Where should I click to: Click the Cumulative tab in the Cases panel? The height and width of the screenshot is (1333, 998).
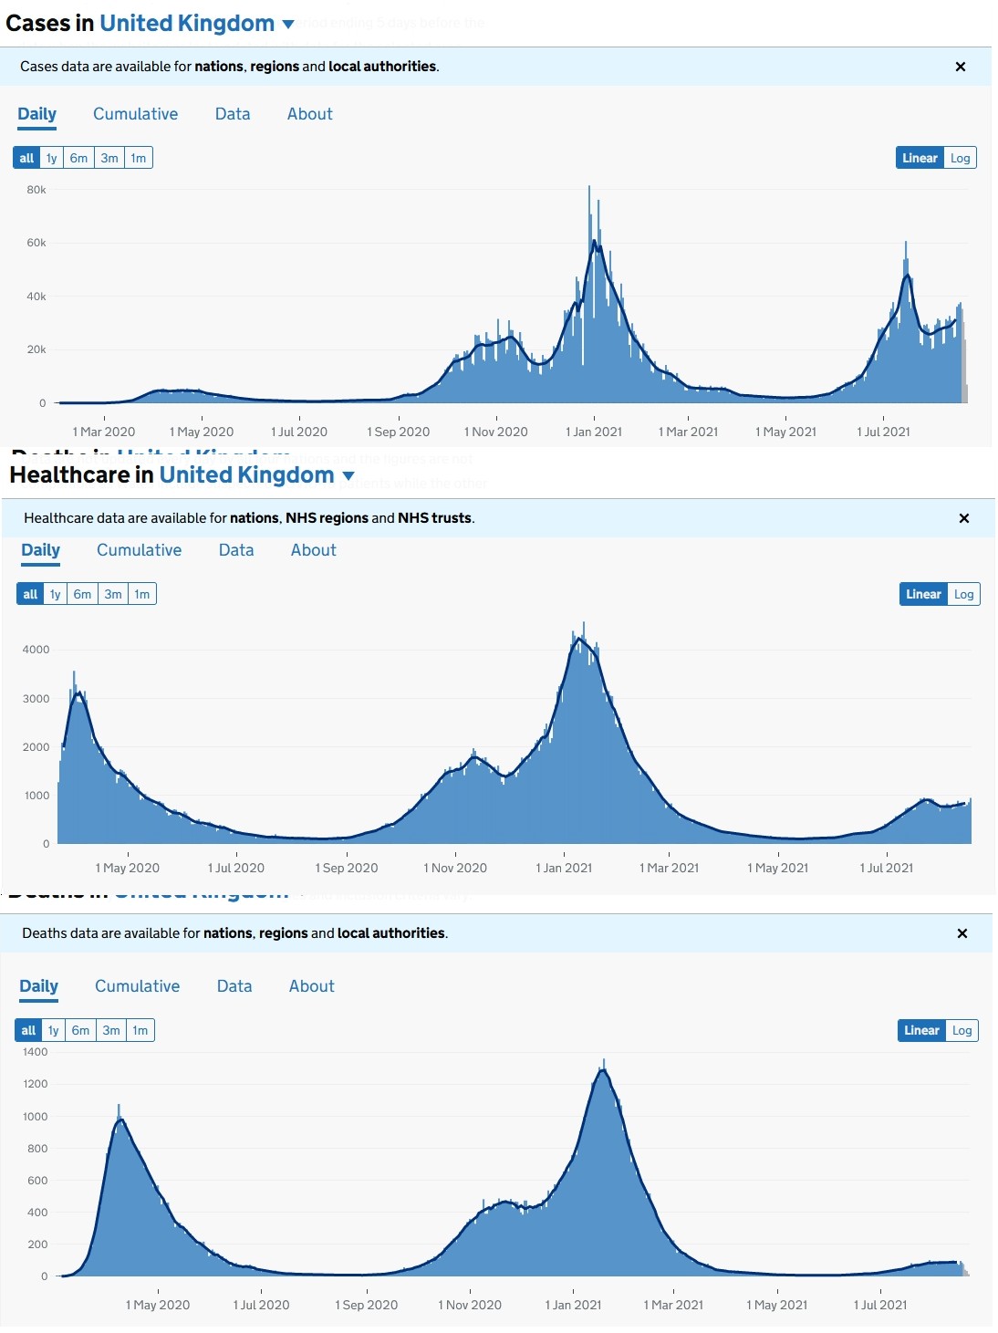pyautogui.click(x=135, y=114)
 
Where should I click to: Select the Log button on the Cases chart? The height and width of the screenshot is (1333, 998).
pyautogui.click(x=960, y=158)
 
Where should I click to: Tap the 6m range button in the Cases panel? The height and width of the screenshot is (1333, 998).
pyautogui.click(x=79, y=158)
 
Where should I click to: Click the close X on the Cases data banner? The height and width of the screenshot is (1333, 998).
pyautogui.click(x=960, y=67)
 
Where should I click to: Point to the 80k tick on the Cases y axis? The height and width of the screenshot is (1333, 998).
pyautogui.click(x=36, y=190)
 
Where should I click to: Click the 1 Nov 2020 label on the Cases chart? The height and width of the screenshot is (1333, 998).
pyautogui.click(x=495, y=432)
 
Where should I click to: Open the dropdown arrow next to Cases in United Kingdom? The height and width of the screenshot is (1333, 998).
pyautogui.click(x=288, y=25)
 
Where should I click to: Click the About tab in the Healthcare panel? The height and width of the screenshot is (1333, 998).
pyautogui.click(x=313, y=550)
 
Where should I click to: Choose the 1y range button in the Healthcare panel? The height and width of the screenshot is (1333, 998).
pyautogui.click(x=56, y=594)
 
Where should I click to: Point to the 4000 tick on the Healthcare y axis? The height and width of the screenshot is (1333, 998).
pyautogui.click(x=36, y=650)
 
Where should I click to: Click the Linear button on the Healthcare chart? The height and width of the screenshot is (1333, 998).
pyautogui.click(x=923, y=594)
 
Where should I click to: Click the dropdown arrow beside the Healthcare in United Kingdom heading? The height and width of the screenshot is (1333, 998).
pyautogui.click(x=348, y=476)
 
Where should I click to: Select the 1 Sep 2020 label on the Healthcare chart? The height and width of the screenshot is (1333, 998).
pyautogui.click(x=346, y=868)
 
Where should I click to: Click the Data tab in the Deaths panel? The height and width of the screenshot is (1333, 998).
pyautogui.click(x=234, y=986)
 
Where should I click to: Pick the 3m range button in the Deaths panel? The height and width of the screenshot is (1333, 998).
pyautogui.click(x=111, y=1030)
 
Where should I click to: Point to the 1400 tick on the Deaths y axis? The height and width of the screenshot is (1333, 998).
pyautogui.click(x=36, y=1052)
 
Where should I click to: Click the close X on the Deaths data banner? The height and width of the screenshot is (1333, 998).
pyautogui.click(x=962, y=933)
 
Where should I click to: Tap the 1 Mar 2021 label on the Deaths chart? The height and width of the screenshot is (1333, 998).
pyautogui.click(x=673, y=1305)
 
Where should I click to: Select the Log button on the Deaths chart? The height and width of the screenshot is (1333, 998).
pyautogui.click(x=962, y=1030)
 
